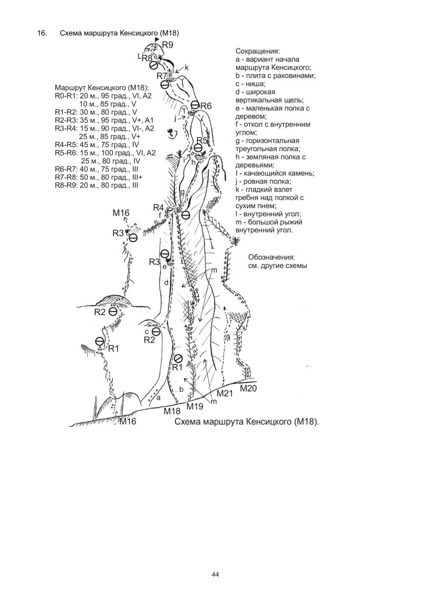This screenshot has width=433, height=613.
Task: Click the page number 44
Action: pos(215,574)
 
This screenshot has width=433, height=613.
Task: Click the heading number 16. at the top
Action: pos(42,33)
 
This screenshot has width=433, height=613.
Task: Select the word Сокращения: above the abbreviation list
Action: pos(258,52)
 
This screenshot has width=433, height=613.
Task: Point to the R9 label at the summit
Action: pos(167,45)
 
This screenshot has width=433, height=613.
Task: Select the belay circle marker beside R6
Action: pos(195,105)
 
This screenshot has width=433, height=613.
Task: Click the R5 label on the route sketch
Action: pos(202,140)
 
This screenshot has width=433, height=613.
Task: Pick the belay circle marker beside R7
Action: pos(165,85)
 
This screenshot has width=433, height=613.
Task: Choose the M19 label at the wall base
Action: pos(195,406)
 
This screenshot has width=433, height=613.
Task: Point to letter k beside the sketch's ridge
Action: pos(187,67)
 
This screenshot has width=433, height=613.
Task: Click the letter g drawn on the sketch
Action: pos(182,192)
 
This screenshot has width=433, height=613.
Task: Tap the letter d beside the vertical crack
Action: pos(166,282)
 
